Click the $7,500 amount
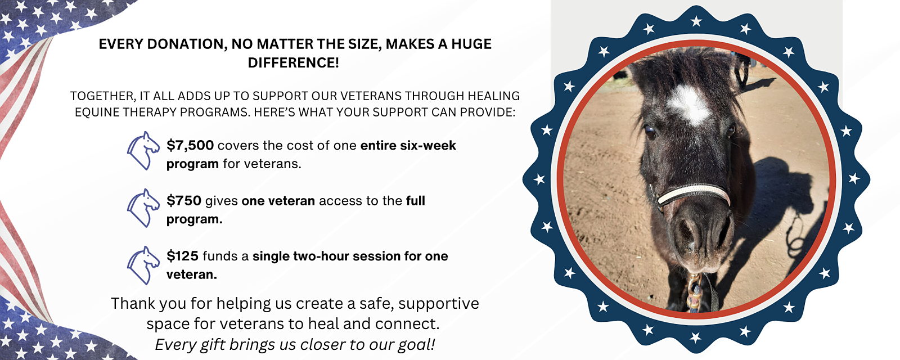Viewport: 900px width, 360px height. point(190,146)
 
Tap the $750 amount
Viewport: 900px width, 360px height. point(184,200)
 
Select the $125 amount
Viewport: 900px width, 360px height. point(182,256)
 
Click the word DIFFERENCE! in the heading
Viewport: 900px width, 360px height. point(293,62)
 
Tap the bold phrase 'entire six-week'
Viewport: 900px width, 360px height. point(408,146)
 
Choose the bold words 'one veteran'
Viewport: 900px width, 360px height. point(278,200)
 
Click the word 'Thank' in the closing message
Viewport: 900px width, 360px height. point(133,303)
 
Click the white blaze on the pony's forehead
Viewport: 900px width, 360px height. point(688,105)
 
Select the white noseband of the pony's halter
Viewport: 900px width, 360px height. point(693,193)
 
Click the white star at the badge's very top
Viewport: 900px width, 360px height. point(696,21)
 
